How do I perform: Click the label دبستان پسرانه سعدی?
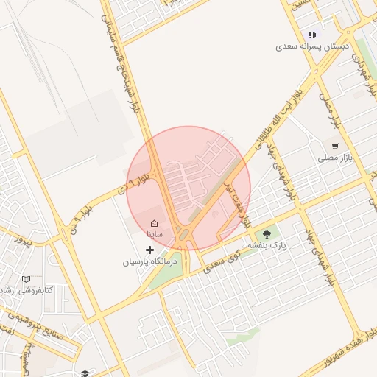pos(310,46)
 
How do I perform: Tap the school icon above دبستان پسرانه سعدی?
pos(312,35)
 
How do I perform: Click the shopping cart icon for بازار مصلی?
pos(336,146)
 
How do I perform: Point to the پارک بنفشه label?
pos(266,244)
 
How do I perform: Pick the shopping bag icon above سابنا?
pos(154,223)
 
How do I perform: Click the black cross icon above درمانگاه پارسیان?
pos(150,250)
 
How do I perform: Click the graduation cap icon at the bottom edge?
pos(85,373)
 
